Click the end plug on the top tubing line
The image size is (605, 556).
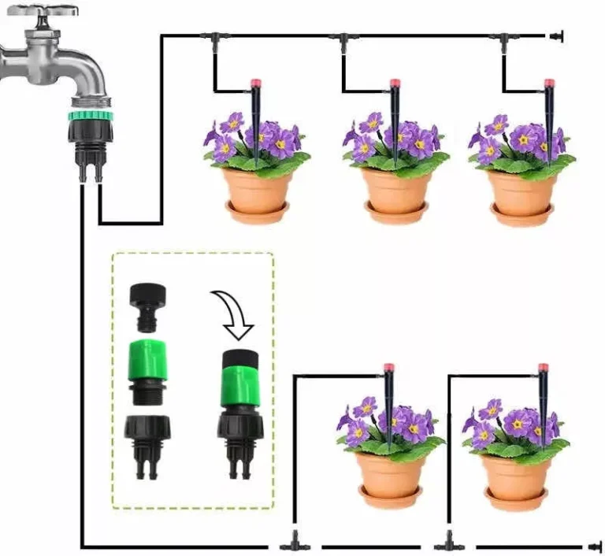click(557, 35)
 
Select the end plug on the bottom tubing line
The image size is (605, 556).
click(588, 545)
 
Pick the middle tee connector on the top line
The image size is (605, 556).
click(343, 38)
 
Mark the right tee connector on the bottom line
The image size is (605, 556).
click(448, 543)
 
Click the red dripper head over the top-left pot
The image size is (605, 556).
click(255, 83)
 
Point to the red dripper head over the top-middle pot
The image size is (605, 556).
click(394, 83)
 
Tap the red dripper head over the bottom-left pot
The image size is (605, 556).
click(388, 369)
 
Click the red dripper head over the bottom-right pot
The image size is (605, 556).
click(543, 369)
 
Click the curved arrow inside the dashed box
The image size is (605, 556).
click(234, 313)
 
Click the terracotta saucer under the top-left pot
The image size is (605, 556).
click(257, 211)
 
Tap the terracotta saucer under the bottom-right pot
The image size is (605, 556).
click(517, 497)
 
